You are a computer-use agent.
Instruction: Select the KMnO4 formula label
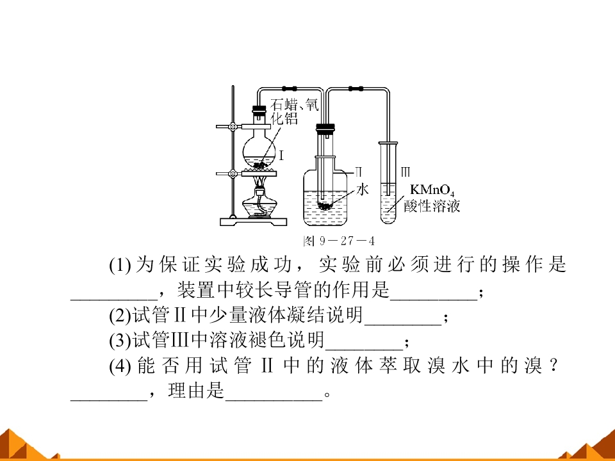pos(432,191)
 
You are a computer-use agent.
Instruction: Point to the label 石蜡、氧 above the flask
pos(295,104)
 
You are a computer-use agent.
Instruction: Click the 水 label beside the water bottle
pos(363,190)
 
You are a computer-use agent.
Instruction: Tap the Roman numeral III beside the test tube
pos(406,172)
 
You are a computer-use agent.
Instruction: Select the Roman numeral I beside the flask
pos(281,156)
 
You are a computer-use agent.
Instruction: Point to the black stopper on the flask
pos(259,109)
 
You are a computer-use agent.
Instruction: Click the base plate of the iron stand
pos(254,222)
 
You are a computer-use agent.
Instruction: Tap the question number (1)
pos(120,265)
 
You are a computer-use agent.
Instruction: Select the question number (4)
pos(120,366)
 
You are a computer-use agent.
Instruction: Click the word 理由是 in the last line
pos(196,391)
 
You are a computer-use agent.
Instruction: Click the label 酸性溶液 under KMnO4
pos(432,206)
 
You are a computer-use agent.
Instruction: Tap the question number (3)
pos(120,341)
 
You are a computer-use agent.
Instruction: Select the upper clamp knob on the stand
pos(233,127)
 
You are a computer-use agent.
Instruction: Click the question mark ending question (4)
pos(553,366)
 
